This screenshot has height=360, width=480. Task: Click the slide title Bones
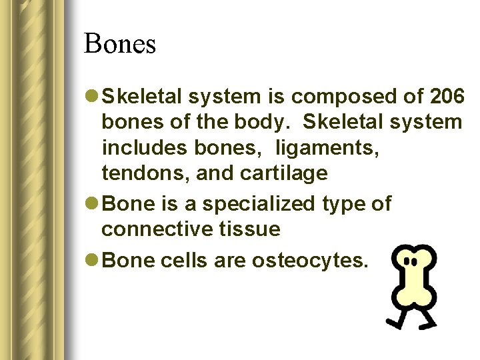point(120,44)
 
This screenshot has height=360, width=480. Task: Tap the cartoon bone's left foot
point(393,324)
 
